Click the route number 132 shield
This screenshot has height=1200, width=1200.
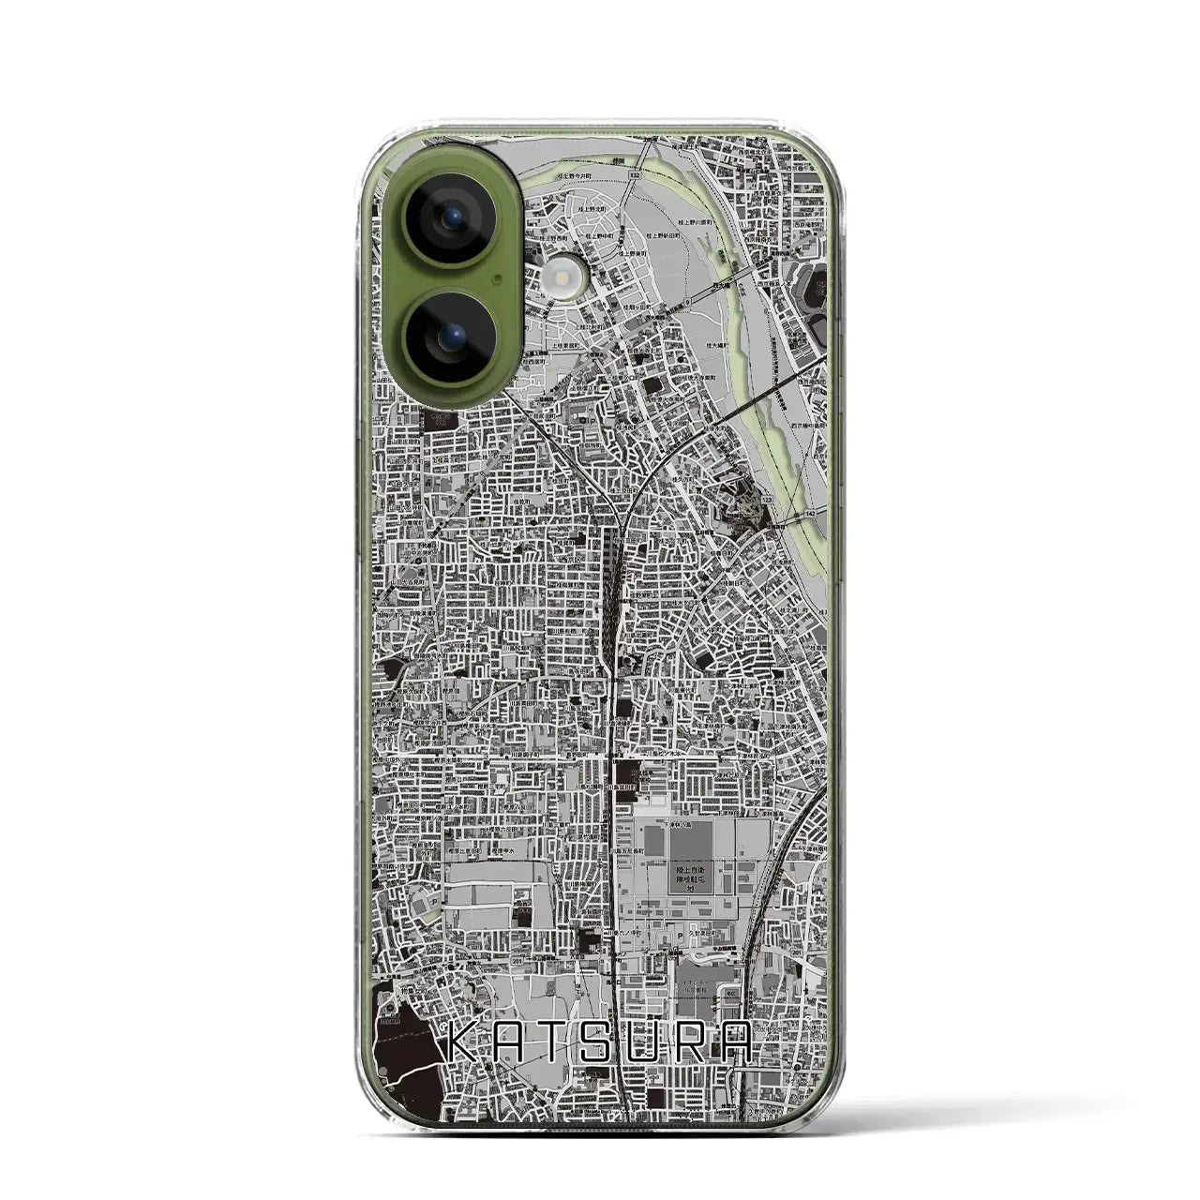coord(635,175)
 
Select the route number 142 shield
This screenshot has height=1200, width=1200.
coord(809,515)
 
